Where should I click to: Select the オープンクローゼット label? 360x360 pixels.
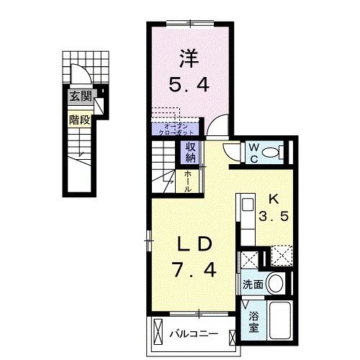pyautogui.click(x=176, y=130)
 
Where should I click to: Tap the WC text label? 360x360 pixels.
pyautogui.click(x=254, y=153)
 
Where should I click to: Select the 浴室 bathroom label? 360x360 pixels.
pyautogui.click(x=255, y=322)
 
